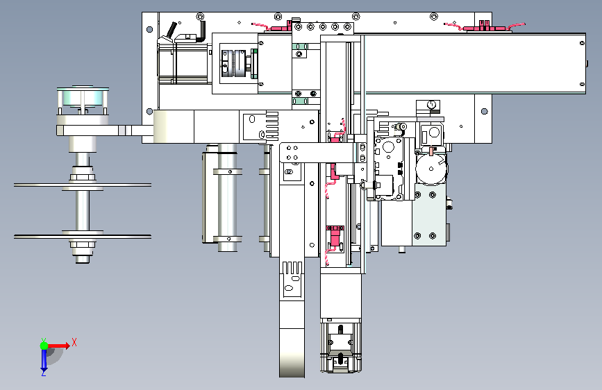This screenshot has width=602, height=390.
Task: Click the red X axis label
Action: click(x=74, y=342)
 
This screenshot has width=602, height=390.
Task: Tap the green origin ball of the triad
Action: click(x=44, y=346)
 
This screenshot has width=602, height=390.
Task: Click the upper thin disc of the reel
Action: click(x=83, y=185)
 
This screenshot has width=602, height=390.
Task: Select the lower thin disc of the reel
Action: click(x=83, y=237)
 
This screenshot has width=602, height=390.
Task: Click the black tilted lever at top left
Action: click(x=171, y=30)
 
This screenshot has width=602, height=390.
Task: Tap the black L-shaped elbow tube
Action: click(x=201, y=32)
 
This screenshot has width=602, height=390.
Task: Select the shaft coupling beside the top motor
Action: click(x=234, y=63)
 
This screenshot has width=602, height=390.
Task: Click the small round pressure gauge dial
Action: click(x=431, y=104)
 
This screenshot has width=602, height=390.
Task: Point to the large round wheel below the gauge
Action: click(x=431, y=169)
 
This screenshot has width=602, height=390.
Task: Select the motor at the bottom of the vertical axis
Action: click(x=341, y=346)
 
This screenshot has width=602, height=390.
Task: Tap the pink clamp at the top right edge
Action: click(x=485, y=26)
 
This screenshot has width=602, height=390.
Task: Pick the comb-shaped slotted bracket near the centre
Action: click(x=271, y=124)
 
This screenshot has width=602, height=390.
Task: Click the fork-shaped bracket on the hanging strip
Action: click(x=292, y=279)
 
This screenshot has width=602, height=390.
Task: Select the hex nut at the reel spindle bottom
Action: click(x=83, y=244)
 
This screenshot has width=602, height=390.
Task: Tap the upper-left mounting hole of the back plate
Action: click(x=150, y=29)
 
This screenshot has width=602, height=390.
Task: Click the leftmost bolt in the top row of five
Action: click(x=299, y=27)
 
